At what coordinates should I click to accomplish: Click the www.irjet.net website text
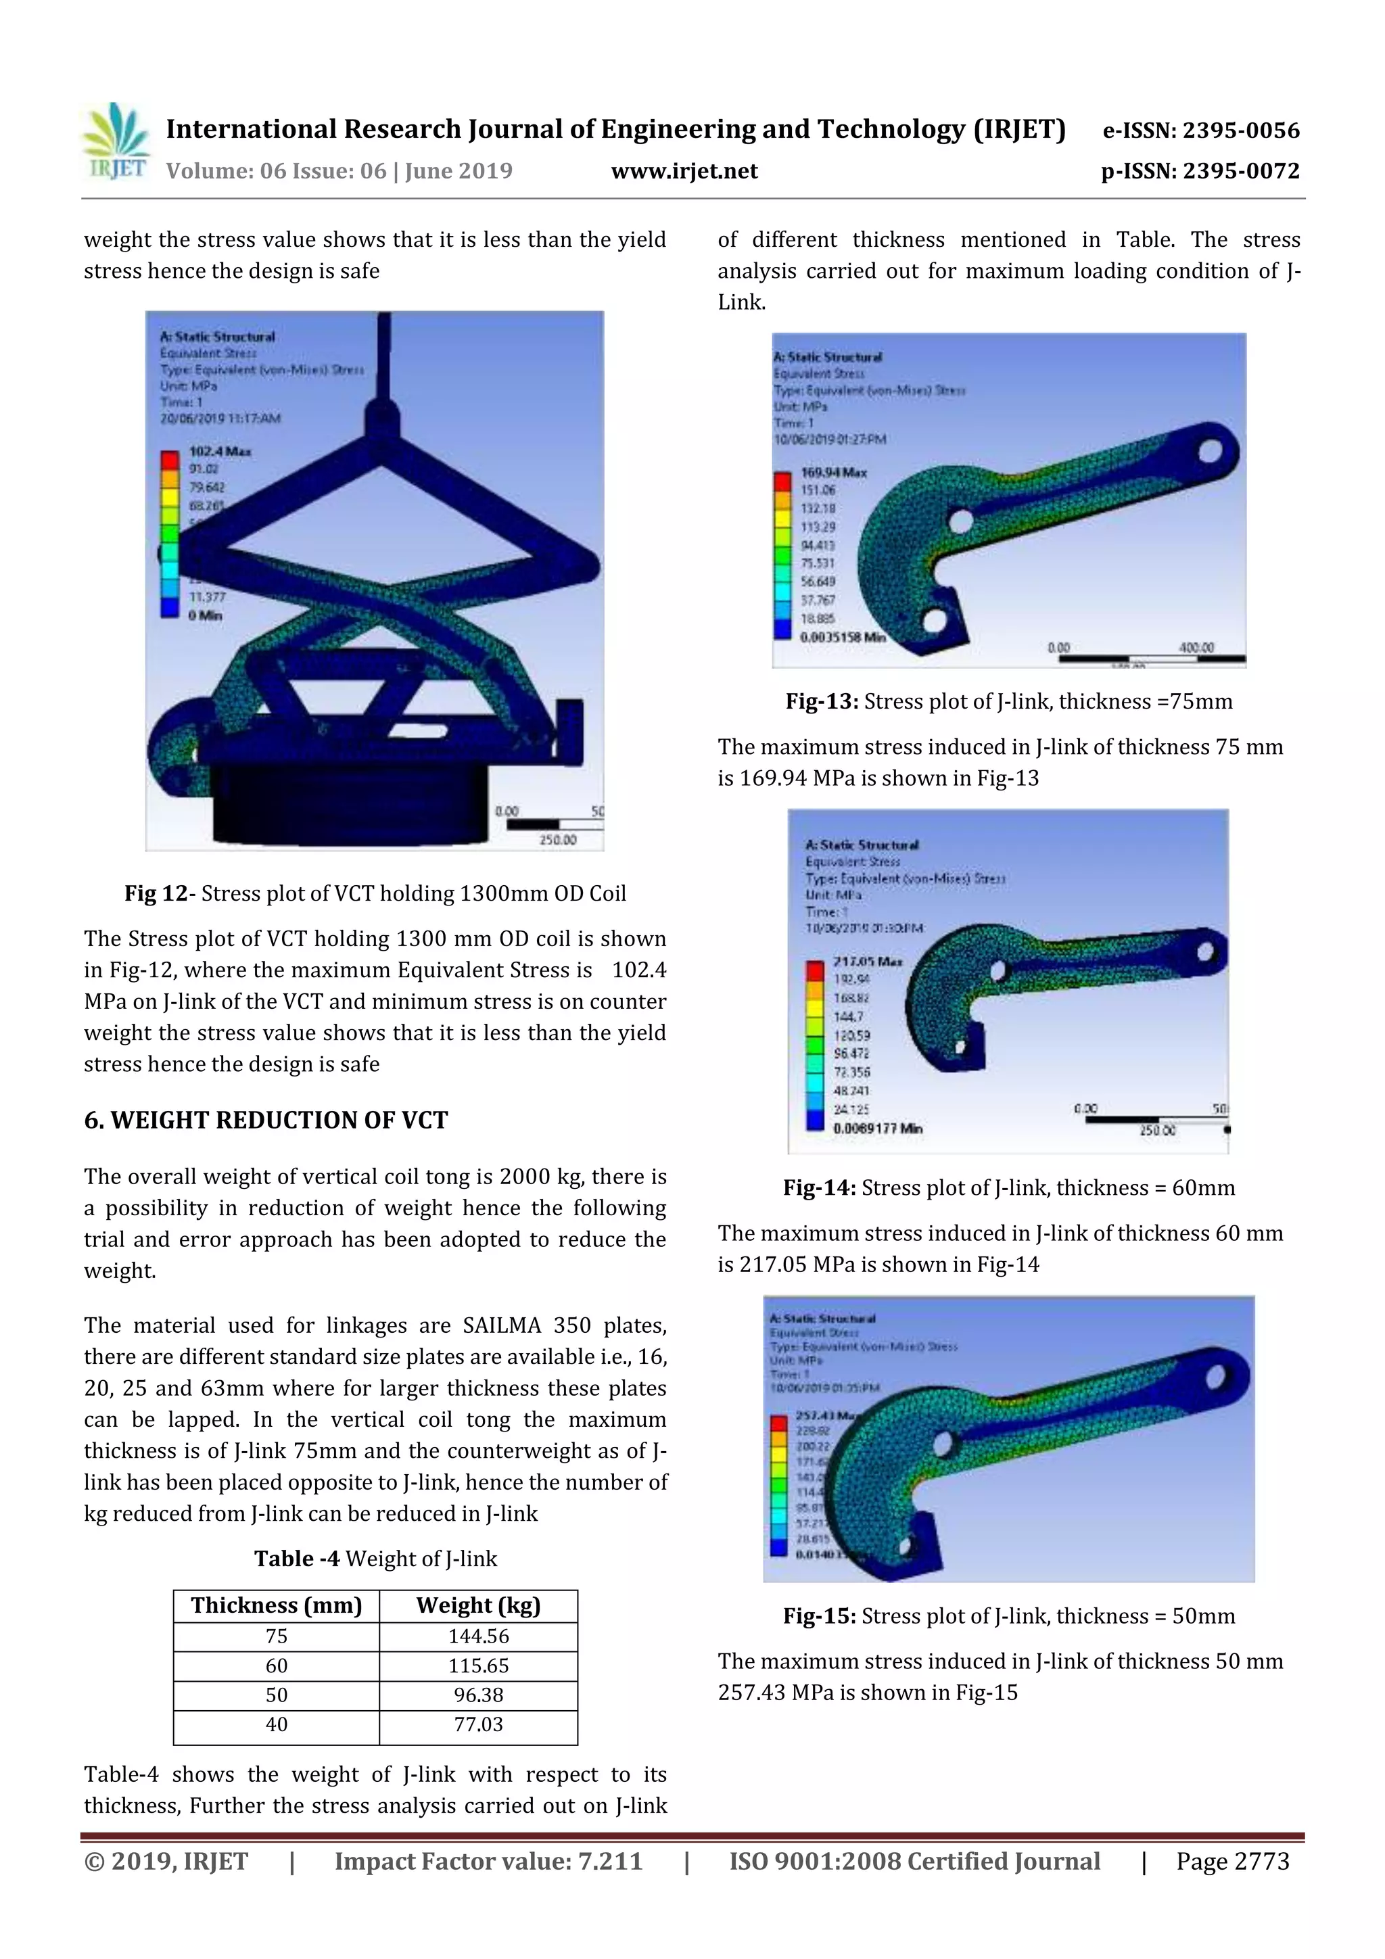point(684,172)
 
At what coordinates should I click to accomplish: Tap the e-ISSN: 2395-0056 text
point(1200,131)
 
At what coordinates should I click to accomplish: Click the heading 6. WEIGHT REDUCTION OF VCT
point(265,1120)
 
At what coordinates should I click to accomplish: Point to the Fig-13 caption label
point(822,702)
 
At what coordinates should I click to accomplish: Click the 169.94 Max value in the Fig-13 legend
point(834,473)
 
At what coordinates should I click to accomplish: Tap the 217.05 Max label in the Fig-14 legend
point(867,962)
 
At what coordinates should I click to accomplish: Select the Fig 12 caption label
point(156,893)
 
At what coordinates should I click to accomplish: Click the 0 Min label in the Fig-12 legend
point(205,615)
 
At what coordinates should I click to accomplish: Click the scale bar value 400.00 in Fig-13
point(1196,648)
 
